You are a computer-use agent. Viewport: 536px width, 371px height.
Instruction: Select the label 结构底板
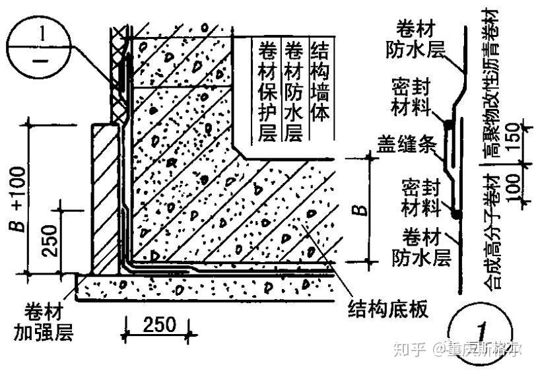388,308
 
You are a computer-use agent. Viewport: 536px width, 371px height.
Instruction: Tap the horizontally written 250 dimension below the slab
158,324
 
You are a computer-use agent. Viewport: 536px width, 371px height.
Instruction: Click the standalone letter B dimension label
358,211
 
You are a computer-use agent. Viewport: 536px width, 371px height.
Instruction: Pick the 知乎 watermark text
411,348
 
